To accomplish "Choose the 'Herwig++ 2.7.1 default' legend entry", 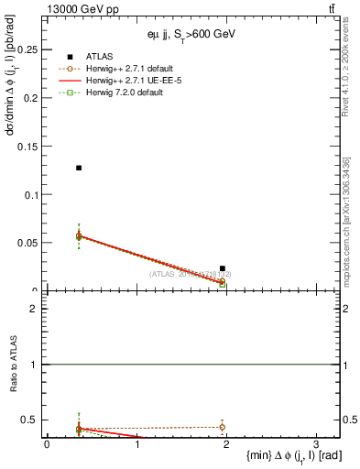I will (x=127, y=69).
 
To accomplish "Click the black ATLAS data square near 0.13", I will (x=80, y=168).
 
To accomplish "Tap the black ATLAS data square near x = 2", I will (x=223, y=268).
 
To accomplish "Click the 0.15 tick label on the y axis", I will (x=28, y=147).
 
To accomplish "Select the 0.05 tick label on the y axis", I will (x=28, y=244).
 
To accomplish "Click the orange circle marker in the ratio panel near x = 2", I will (x=223, y=427).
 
